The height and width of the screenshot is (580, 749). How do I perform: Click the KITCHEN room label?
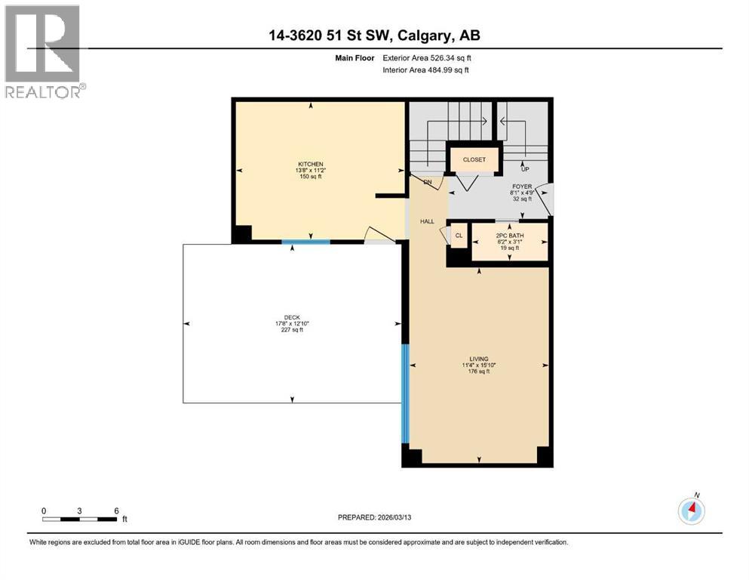click(310, 164)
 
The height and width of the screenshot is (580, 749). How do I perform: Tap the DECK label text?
click(292, 317)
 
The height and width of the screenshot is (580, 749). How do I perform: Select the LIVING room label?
click(478, 359)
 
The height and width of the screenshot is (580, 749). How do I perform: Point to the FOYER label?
click(523, 186)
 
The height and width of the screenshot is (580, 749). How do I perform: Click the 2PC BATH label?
click(509, 236)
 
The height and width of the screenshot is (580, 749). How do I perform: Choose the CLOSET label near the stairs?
click(474, 159)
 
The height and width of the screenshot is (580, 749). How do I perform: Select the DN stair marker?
click(427, 182)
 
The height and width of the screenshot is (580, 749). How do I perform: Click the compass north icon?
click(691, 511)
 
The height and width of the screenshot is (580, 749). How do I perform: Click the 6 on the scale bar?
click(115, 511)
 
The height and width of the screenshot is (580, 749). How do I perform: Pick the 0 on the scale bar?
click(45, 511)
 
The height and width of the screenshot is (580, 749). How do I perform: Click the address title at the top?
click(374, 35)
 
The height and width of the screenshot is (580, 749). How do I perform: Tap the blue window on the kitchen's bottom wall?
click(305, 242)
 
